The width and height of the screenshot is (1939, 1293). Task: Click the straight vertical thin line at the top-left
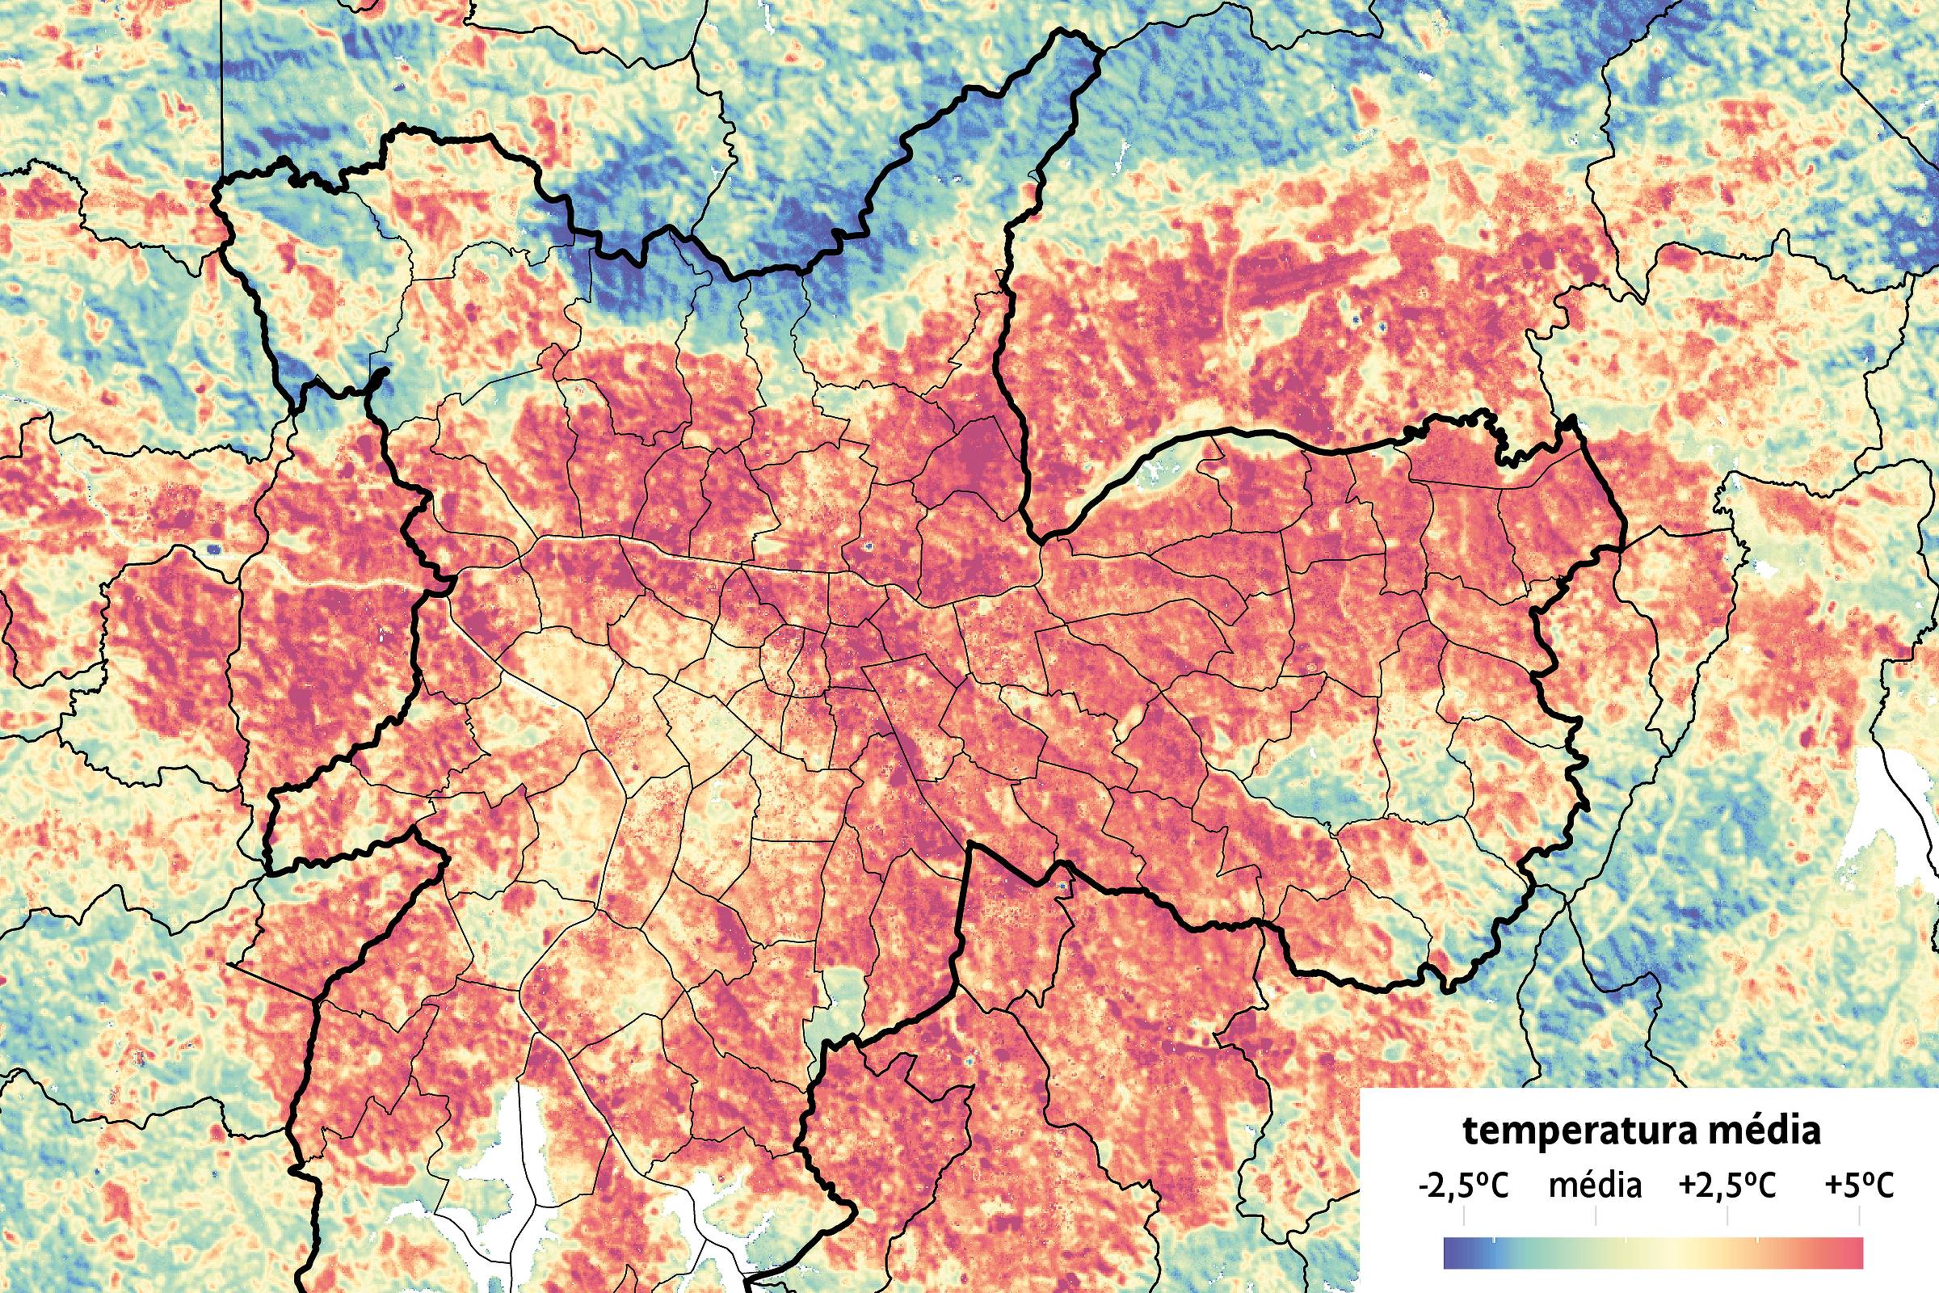pos(221,82)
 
